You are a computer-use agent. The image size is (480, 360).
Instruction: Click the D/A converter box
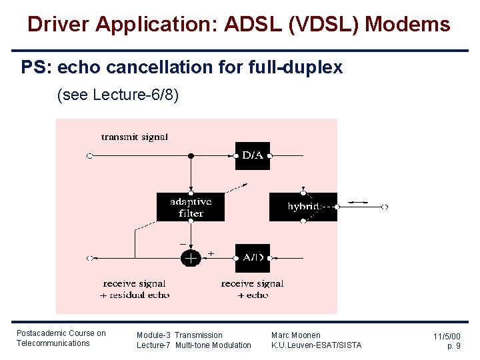click(x=253, y=155)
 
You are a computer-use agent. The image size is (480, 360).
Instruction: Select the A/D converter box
click(x=253, y=258)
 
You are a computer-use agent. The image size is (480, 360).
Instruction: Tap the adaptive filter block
click(x=191, y=207)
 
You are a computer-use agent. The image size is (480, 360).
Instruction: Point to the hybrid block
click(x=303, y=207)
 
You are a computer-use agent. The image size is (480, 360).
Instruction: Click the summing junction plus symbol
click(x=191, y=258)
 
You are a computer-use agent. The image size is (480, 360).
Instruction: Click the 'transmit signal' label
click(x=135, y=137)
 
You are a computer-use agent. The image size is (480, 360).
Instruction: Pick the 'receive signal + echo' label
click(x=252, y=289)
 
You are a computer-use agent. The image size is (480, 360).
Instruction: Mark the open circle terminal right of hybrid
click(x=385, y=207)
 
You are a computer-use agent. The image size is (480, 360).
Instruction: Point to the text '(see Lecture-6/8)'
click(x=119, y=95)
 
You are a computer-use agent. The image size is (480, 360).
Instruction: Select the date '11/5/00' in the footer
click(x=446, y=337)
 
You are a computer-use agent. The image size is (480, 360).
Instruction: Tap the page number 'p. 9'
click(x=453, y=346)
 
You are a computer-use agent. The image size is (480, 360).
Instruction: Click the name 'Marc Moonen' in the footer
click(x=295, y=335)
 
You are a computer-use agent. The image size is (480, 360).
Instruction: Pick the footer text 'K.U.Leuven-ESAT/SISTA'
click(x=316, y=345)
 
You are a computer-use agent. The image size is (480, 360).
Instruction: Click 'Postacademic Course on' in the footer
click(x=61, y=333)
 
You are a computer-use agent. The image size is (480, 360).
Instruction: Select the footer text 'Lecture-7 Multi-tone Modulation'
click(x=193, y=345)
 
